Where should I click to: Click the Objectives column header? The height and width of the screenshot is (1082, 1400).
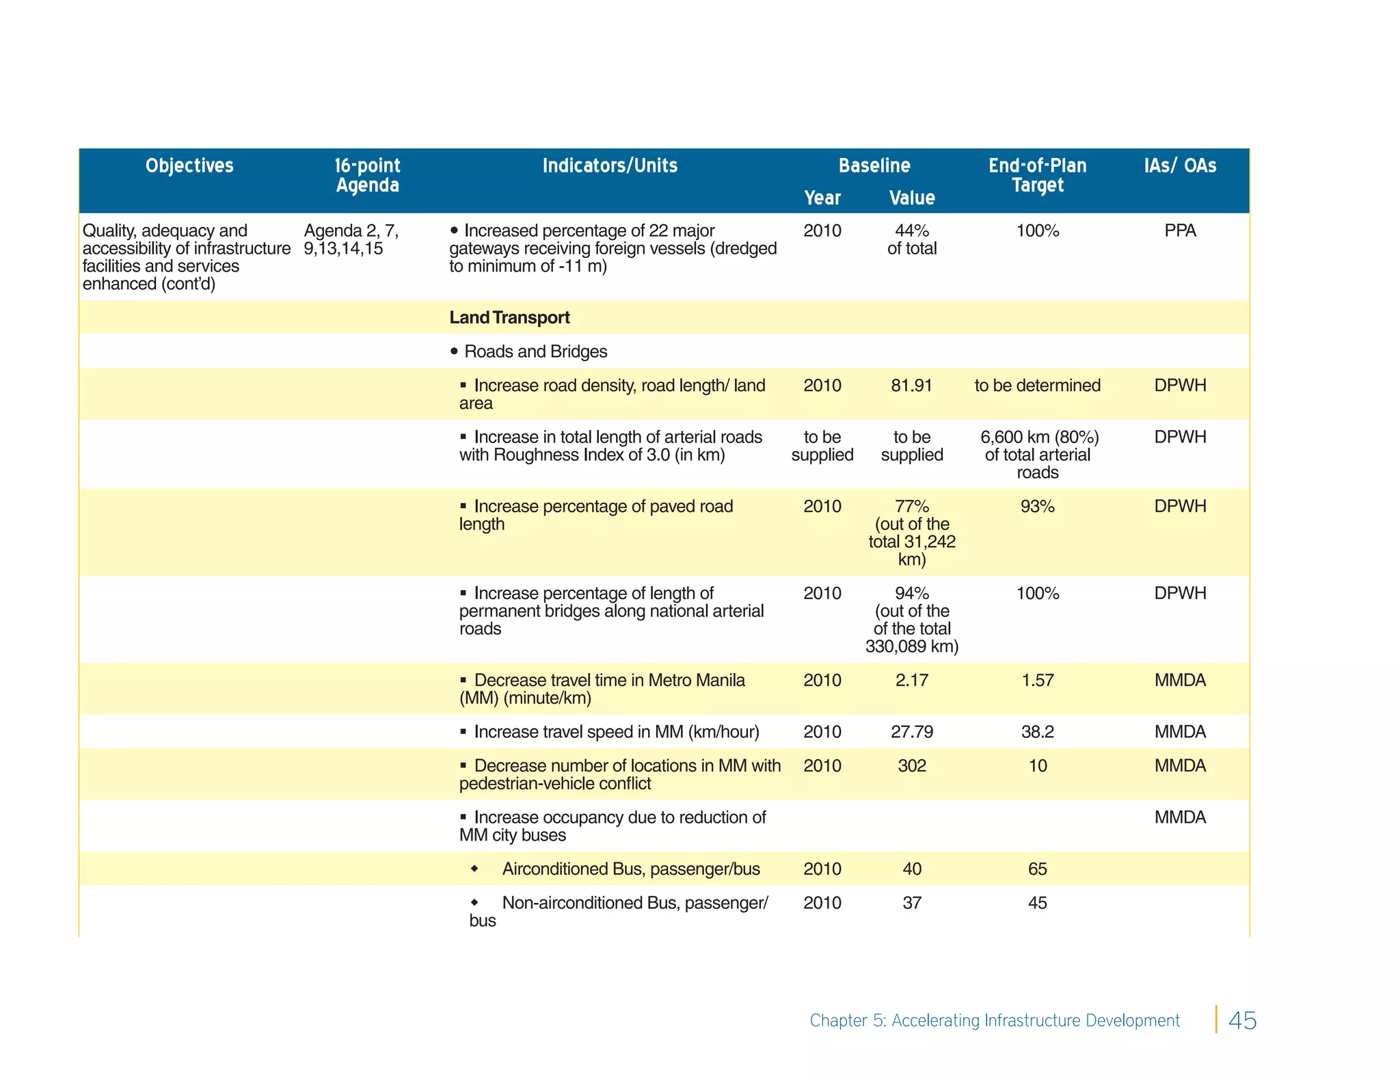[x=189, y=166]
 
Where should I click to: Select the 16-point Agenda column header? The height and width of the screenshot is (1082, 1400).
[x=367, y=175]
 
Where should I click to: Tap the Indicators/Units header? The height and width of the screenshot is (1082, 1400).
[x=610, y=166]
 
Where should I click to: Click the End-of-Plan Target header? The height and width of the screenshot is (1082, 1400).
[x=1037, y=175]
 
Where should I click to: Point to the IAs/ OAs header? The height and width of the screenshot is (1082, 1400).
[x=1180, y=166]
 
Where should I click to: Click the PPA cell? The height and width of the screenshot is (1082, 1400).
[x=1180, y=231]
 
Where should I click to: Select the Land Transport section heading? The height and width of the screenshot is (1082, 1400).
[x=509, y=317]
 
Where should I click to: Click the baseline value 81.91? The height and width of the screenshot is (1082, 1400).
[x=911, y=386]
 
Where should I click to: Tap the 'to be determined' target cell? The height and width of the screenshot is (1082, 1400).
[x=1037, y=386]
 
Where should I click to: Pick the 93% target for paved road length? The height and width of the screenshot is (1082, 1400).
[x=1037, y=507]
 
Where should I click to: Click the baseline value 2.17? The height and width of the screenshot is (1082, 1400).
[x=911, y=681]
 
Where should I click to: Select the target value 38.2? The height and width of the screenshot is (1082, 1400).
[x=1037, y=732]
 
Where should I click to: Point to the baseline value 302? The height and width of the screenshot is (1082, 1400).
[x=911, y=766]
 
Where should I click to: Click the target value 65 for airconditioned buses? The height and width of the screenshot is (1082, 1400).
[x=1037, y=869]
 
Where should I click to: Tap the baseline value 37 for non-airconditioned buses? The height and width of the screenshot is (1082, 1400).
[x=911, y=903]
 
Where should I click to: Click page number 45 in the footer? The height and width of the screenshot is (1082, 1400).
[x=1242, y=1020]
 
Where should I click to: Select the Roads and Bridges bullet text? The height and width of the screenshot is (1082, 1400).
[x=535, y=352]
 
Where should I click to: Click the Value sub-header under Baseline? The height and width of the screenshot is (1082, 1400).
[x=911, y=198]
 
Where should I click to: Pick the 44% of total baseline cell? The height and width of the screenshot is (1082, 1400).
[x=911, y=239]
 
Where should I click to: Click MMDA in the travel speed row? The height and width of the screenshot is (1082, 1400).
[x=1180, y=732]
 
